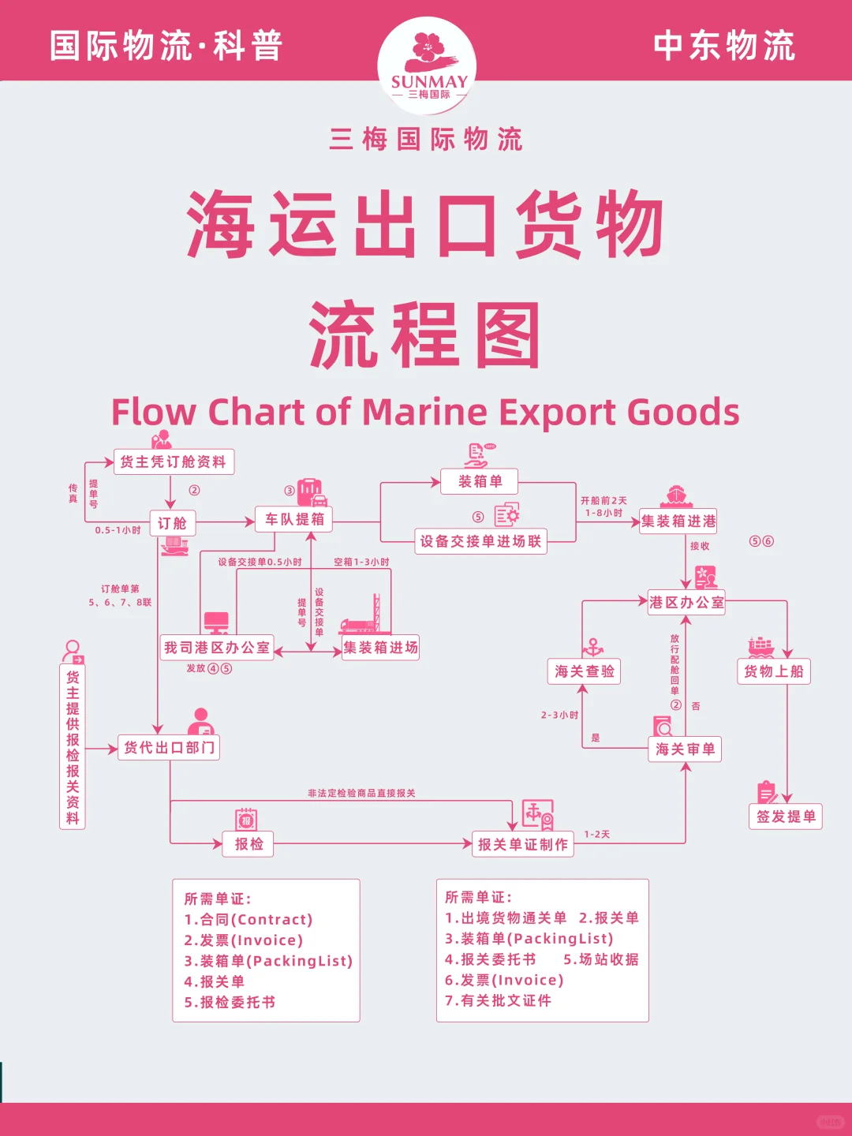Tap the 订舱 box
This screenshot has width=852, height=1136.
[x=172, y=523]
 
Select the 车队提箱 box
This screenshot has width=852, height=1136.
[x=294, y=519]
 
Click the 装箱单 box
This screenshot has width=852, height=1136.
[x=480, y=481]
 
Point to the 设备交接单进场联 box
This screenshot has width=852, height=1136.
[x=480, y=541]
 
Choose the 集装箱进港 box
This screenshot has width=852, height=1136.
[x=678, y=521]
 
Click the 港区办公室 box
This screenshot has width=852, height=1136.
[x=686, y=603]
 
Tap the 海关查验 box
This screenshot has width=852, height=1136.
[x=585, y=671]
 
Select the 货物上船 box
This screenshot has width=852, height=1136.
[x=773, y=671]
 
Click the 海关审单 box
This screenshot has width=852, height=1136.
[x=686, y=749]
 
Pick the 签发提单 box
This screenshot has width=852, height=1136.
[x=786, y=816]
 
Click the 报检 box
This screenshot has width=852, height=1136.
[x=248, y=844]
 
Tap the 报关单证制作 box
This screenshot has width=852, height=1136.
[x=523, y=844]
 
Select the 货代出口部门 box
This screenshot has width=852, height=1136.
[x=169, y=747]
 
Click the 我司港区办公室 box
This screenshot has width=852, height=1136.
[x=217, y=648]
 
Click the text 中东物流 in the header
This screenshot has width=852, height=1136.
[x=724, y=46]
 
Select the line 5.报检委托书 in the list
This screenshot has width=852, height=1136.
[x=230, y=1003]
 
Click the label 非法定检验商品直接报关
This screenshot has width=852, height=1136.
[x=361, y=793]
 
